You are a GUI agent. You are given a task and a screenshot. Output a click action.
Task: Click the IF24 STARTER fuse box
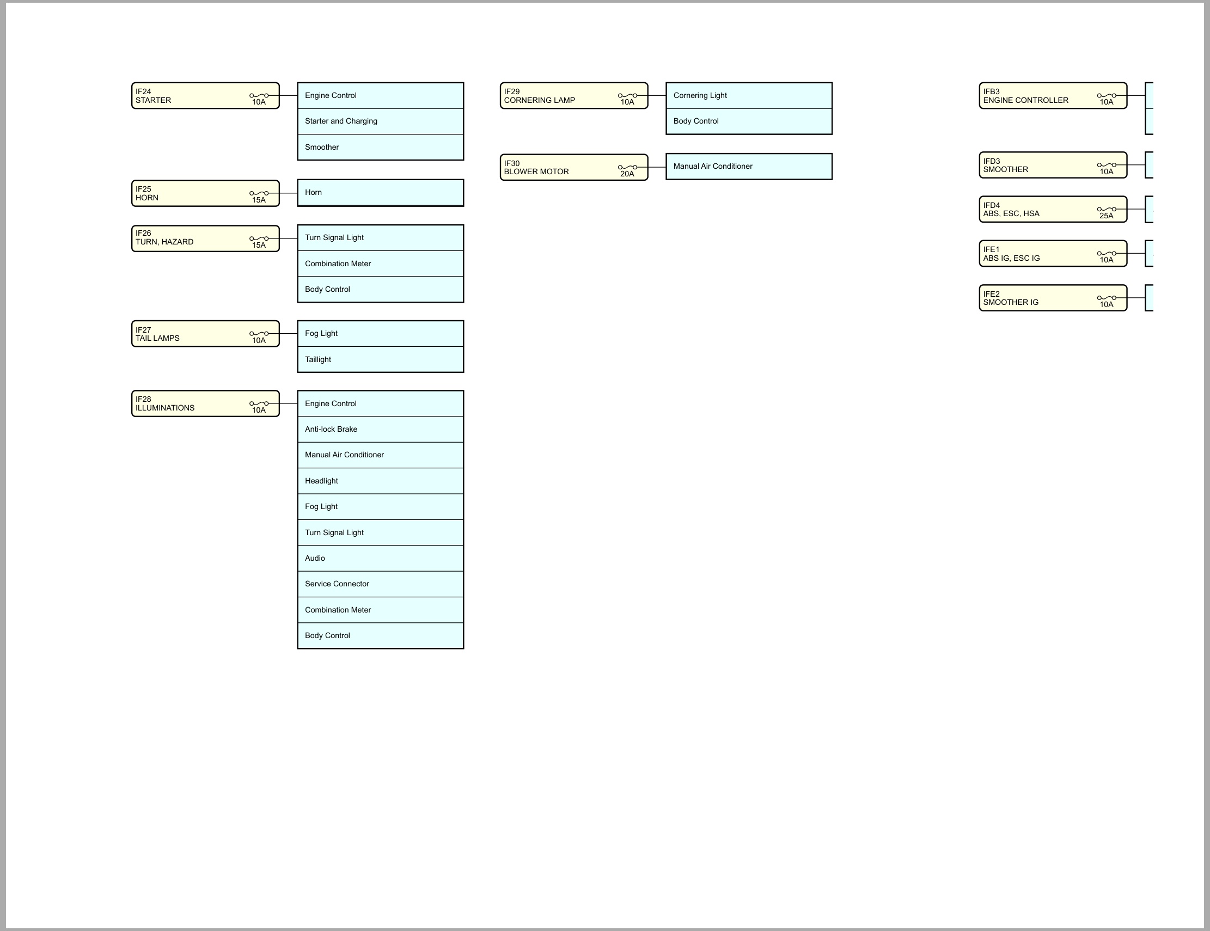click(x=205, y=96)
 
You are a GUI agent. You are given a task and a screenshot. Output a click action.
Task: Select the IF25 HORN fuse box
click(x=205, y=193)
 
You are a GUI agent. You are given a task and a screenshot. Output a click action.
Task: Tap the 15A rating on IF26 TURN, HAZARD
click(x=259, y=246)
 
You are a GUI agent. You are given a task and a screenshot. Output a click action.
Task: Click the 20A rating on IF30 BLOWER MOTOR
click(x=627, y=174)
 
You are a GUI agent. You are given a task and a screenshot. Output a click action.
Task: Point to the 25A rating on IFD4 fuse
click(x=1107, y=216)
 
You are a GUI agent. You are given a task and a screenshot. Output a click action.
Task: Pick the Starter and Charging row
click(x=381, y=121)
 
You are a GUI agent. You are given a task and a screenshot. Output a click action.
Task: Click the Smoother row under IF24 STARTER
click(x=381, y=148)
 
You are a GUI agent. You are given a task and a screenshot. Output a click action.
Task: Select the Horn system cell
click(x=381, y=193)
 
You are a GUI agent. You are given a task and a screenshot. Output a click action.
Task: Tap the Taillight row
click(x=381, y=359)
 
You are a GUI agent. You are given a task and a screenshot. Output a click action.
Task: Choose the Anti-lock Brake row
click(x=381, y=429)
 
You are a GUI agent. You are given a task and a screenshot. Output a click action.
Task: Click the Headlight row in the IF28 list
click(x=381, y=481)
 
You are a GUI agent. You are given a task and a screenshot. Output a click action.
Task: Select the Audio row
click(x=381, y=558)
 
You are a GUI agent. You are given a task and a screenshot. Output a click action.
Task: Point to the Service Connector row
click(x=381, y=584)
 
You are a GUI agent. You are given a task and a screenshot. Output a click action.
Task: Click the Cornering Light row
click(x=749, y=96)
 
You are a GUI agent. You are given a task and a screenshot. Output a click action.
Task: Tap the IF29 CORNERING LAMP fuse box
click(x=574, y=96)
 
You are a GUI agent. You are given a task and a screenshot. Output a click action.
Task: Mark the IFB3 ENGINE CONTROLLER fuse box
click(x=1053, y=96)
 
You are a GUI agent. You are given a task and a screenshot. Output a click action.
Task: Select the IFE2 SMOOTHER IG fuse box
click(x=1053, y=298)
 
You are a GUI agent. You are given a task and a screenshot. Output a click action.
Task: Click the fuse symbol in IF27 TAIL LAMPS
click(x=259, y=334)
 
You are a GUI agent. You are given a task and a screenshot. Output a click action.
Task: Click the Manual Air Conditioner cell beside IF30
click(x=749, y=167)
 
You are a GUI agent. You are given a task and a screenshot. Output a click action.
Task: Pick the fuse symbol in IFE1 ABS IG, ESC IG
click(x=1107, y=254)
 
